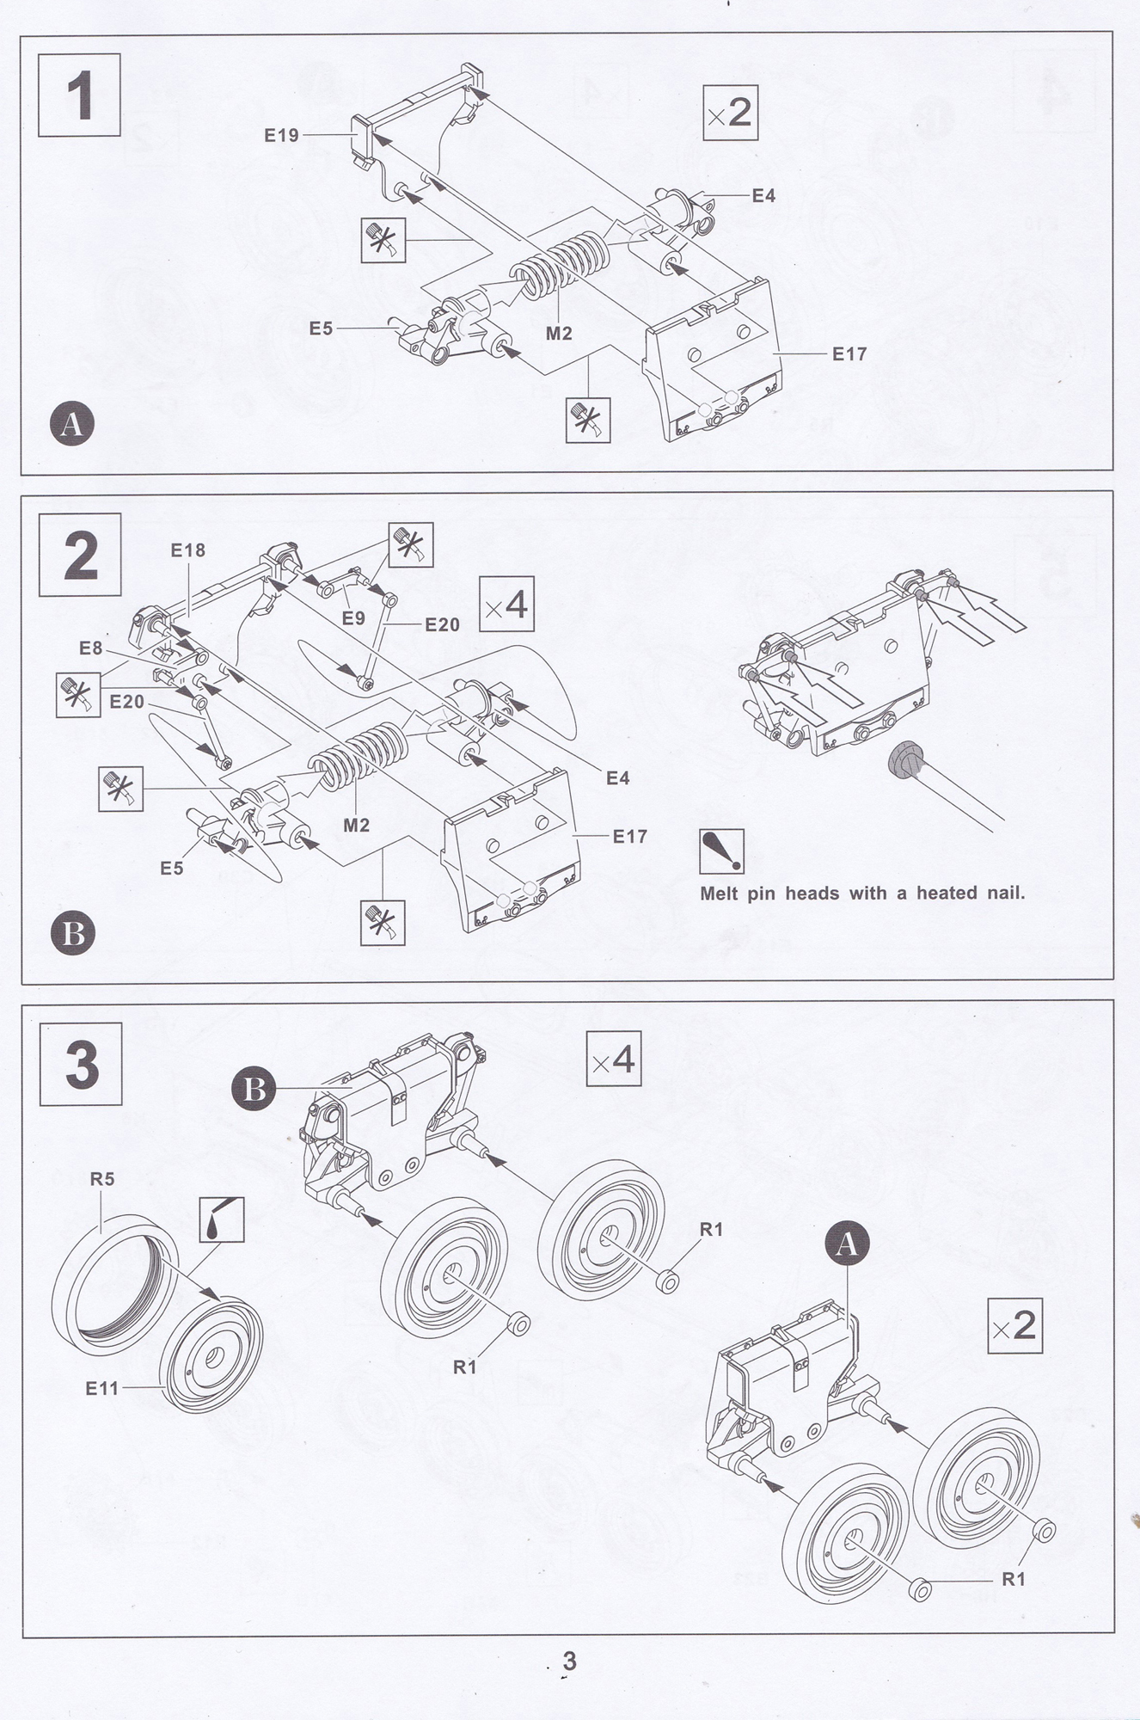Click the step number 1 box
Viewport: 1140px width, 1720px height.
point(79,95)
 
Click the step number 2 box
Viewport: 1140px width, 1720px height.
point(80,555)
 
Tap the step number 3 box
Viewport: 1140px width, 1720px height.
point(81,1064)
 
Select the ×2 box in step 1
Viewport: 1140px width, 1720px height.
point(730,113)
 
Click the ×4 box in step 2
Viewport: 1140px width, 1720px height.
point(506,605)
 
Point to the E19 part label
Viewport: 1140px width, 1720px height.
point(281,135)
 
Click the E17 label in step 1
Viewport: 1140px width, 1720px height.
point(849,353)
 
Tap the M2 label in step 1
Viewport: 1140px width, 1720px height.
point(559,333)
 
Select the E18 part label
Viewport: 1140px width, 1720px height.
point(188,550)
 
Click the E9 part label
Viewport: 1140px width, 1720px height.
point(353,617)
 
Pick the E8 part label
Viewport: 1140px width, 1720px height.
point(91,648)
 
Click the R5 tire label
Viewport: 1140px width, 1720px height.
point(102,1179)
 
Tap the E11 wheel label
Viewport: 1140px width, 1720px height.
point(102,1387)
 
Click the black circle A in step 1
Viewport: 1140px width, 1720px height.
point(72,424)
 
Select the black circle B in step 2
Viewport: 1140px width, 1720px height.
point(73,934)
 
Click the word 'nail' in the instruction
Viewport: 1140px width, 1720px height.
point(1005,893)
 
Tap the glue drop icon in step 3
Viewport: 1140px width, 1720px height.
point(222,1219)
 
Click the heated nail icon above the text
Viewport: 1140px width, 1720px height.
point(721,851)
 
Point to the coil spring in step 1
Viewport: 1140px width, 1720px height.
point(563,264)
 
